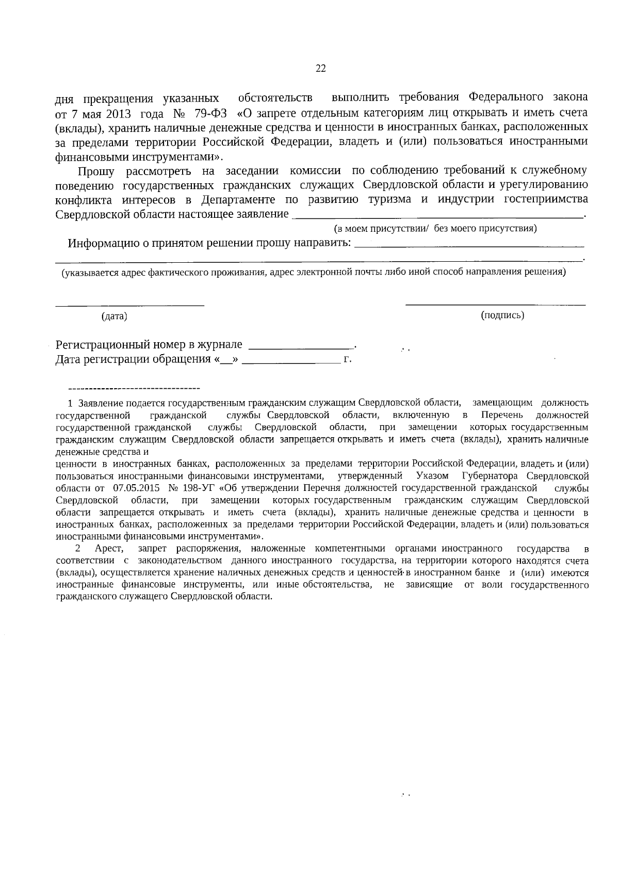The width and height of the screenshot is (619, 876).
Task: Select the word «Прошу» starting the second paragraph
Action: point(96,171)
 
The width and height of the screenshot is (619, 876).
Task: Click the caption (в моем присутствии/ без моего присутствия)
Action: point(435,228)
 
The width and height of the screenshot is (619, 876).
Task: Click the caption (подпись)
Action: point(502,315)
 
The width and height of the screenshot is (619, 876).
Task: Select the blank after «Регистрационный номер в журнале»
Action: point(302,346)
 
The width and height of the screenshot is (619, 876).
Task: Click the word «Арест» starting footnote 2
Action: point(108,548)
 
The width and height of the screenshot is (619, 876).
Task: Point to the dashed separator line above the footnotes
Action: point(134,388)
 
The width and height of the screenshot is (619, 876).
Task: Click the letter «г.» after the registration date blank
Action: point(347,360)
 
